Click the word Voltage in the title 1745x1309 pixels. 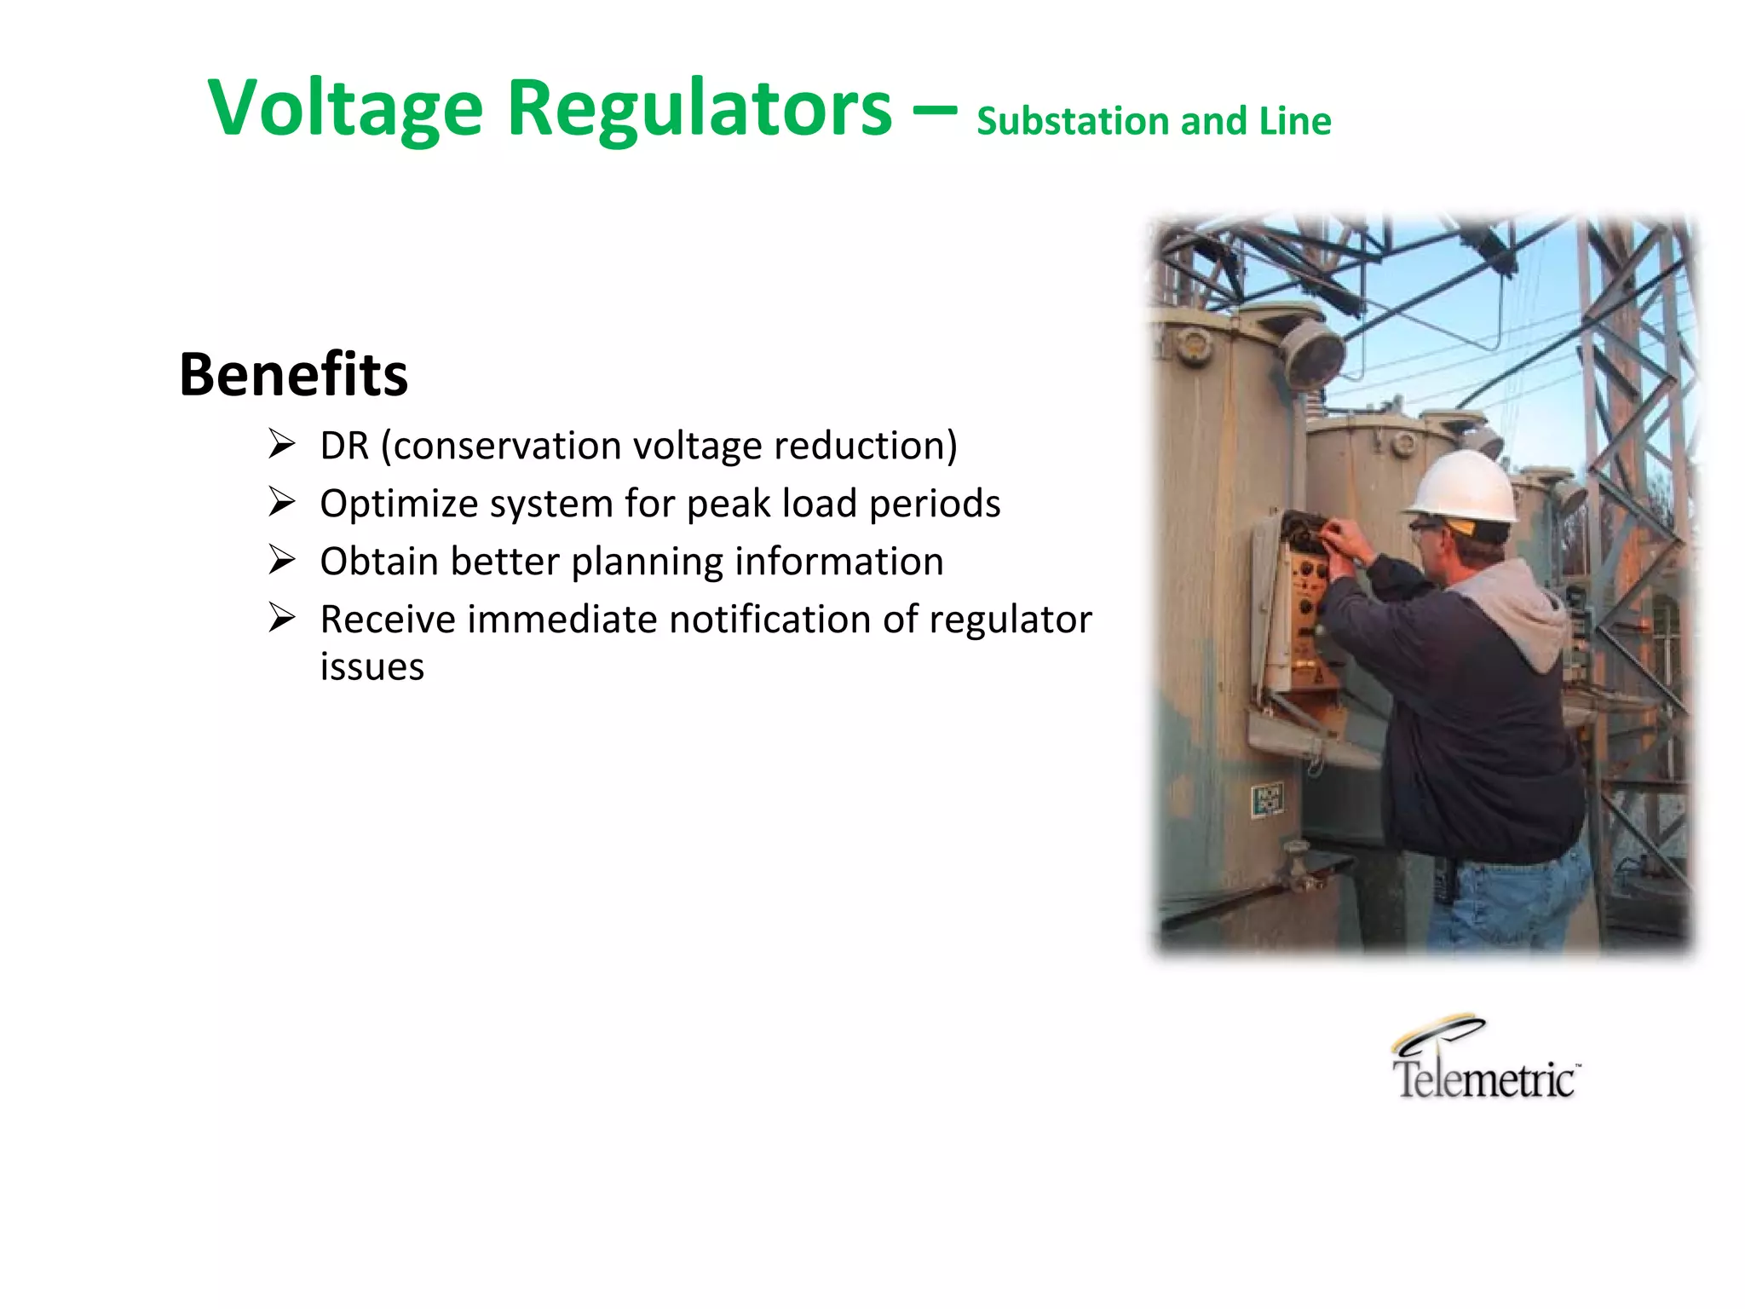tap(345, 109)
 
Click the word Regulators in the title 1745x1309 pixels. tap(699, 109)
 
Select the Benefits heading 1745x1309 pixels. tap(293, 374)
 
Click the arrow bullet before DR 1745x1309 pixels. tap(281, 444)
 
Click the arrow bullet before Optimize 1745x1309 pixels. tap(281, 502)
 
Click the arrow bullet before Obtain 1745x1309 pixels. tap(281, 560)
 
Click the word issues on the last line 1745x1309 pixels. tap(371, 666)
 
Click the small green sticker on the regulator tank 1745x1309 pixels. tap(1267, 800)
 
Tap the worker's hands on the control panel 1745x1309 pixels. tap(1341, 542)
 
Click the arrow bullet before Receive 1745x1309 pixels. tap(281, 618)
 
